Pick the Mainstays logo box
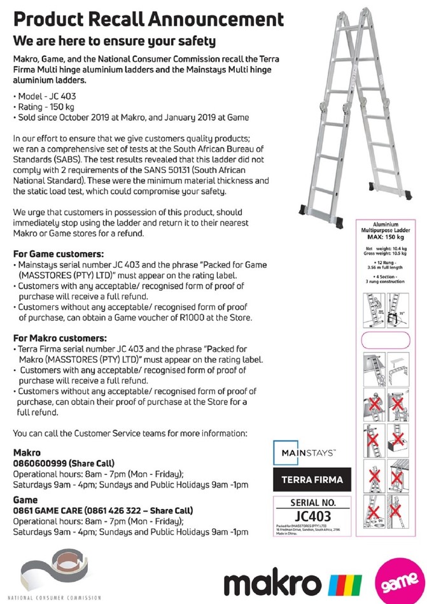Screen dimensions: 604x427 (x=309, y=453)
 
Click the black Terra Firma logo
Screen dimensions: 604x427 (x=312, y=479)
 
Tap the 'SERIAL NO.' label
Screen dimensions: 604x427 (x=312, y=503)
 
